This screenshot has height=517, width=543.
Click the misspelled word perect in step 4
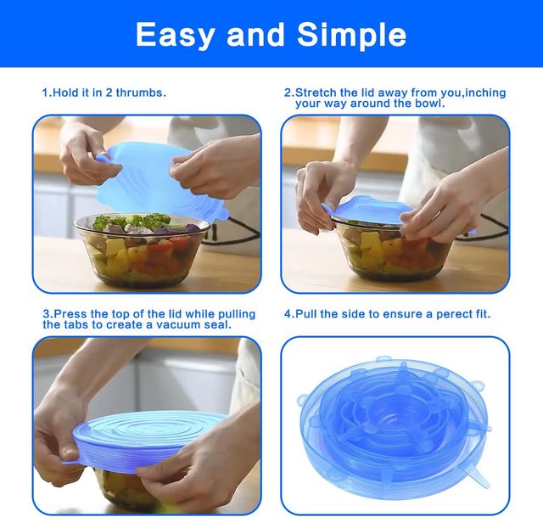point(440,313)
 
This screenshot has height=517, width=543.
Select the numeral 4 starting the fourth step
point(287,313)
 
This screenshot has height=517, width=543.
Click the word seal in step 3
point(217,324)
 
